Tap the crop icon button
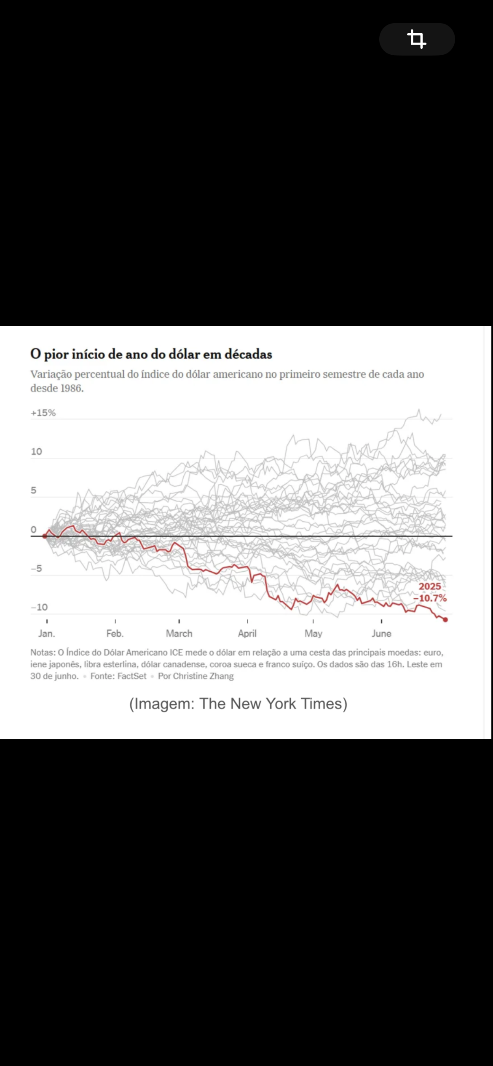[x=417, y=39]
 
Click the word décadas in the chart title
[x=248, y=354]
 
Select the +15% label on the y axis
[x=43, y=413]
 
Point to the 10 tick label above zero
[x=37, y=451]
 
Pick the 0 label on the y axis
[x=34, y=529]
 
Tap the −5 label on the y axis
[x=36, y=568]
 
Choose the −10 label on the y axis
[x=39, y=607]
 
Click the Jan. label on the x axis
[x=47, y=633]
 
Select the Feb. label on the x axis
[x=115, y=633]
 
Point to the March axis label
[x=179, y=633]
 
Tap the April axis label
[x=247, y=633]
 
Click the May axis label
[x=313, y=633]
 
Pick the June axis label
[x=381, y=633]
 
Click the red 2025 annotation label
[x=430, y=586]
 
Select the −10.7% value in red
[x=430, y=598]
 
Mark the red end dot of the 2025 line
[x=445, y=619]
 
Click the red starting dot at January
[x=45, y=536]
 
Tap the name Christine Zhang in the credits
[x=203, y=676]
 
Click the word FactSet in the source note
[x=132, y=676]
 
